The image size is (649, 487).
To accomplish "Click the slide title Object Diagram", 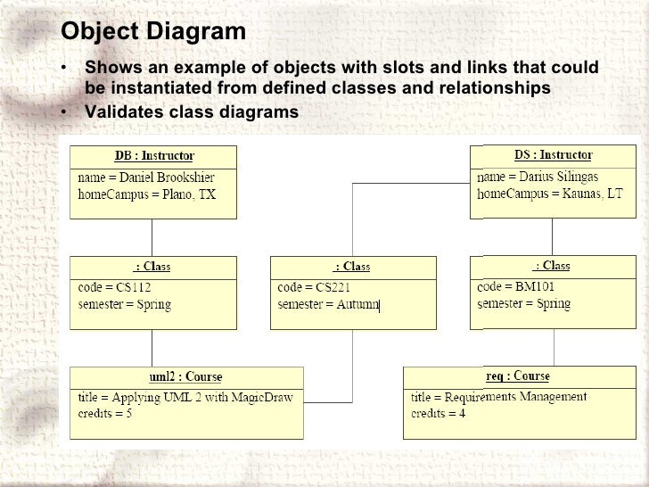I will (x=152, y=32).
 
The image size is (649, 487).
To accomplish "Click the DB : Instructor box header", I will (x=154, y=156).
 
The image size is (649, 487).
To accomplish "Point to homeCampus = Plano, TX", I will (x=147, y=194).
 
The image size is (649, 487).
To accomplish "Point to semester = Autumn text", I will (x=329, y=304).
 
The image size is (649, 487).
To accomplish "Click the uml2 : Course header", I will (x=185, y=377).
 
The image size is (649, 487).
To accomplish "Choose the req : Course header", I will (x=517, y=376).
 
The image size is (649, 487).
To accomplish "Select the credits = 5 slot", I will (x=105, y=414).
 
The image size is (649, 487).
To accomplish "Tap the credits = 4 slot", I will (x=438, y=414).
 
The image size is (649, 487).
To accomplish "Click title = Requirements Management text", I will (x=498, y=397).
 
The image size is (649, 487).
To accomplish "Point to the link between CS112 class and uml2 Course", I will (x=152, y=348).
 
